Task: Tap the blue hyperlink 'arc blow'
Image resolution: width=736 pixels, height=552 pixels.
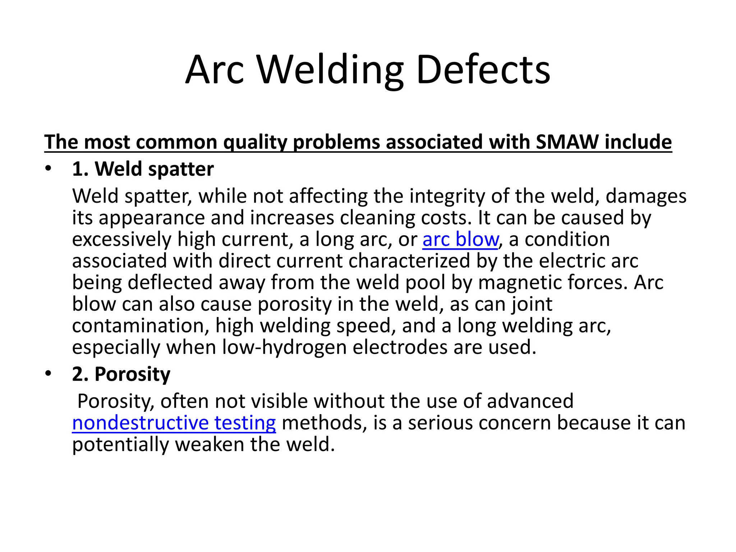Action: [460, 239]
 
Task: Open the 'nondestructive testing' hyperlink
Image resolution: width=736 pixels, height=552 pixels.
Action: [174, 423]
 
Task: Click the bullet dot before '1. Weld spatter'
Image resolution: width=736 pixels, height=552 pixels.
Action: [49, 168]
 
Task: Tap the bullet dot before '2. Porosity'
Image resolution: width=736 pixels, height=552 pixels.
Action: [49, 373]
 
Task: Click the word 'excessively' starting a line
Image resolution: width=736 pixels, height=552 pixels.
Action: [122, 239]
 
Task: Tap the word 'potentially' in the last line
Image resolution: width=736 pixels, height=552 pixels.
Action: [120, 444]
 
